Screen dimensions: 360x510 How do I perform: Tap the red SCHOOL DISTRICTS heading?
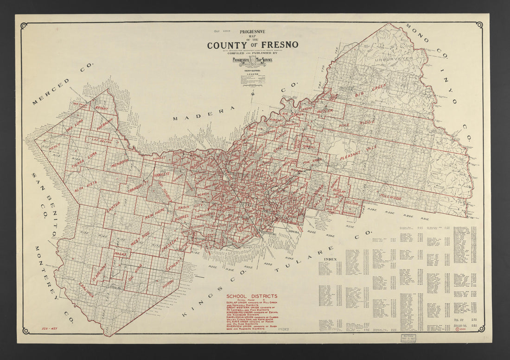(252, 296)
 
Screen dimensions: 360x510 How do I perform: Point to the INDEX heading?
(331, 258)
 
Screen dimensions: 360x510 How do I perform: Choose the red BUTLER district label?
(325, 111)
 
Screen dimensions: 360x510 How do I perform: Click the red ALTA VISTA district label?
(86, 184)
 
